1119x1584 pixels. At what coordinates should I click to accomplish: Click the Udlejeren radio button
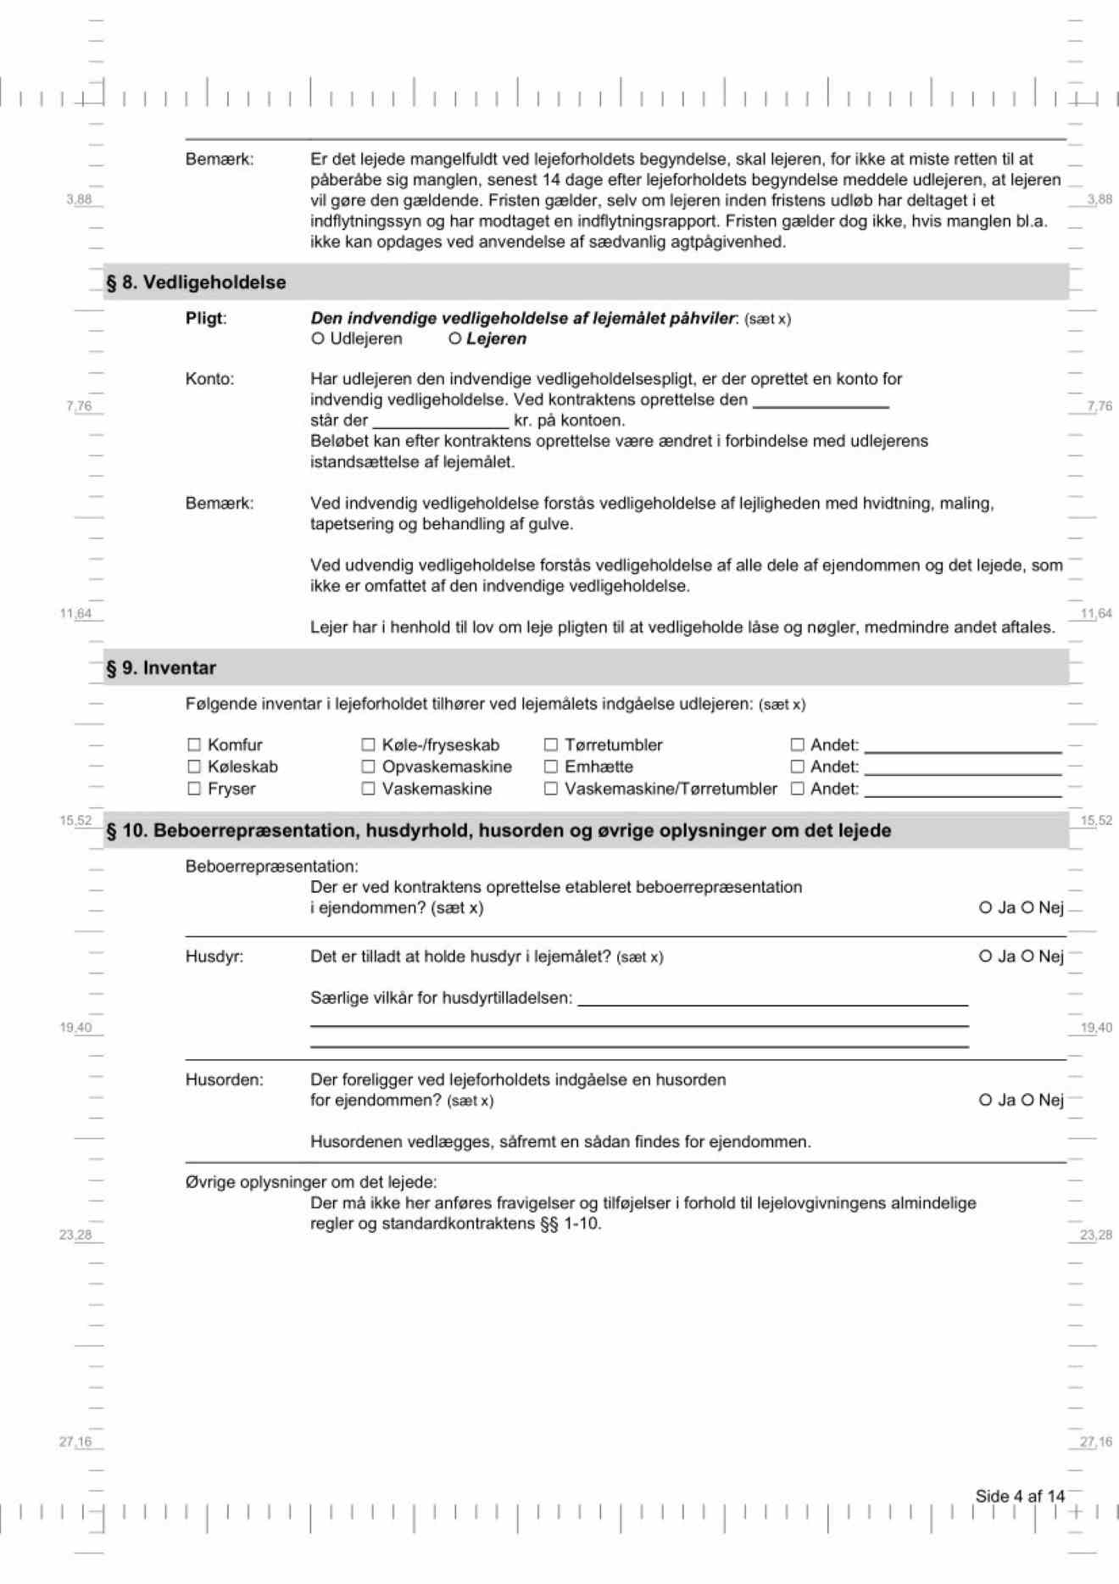pyautogui.click(x=318, y=339)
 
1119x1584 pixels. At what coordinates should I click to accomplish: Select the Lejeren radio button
pyautogui.click(x=455, y=339)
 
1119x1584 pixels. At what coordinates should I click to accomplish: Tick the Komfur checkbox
pyautogui.click(x=194, y=745)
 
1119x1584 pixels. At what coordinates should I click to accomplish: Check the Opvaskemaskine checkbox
pyautogui.click(x=369, y=767)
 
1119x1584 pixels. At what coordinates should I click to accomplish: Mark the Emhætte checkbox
pyautogui.click(x=551, y=767)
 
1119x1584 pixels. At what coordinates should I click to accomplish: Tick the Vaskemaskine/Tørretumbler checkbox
pyautogui.click(x=551, y=789)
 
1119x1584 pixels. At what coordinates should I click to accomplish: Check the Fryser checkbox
pyautogui.click(x=194, y=789)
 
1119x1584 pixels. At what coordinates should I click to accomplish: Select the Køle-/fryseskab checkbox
pyautogui.click(x=369, y=745)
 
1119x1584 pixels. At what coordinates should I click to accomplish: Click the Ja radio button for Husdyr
pyautogui.click(x=985, y=957)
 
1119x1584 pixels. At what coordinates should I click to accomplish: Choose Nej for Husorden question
pyautogui.click(x=1027, y=1100)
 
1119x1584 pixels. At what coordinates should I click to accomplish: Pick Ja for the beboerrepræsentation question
pyautogui.click(x=985, y=907)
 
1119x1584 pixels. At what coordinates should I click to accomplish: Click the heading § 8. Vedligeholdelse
pyautogui.click(x=196, y=282)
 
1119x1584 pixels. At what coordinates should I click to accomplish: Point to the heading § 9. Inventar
pyautogui.click(x=161, y=668)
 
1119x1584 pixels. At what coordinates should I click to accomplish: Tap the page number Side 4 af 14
pyautogui.click(x=1020, y=1496)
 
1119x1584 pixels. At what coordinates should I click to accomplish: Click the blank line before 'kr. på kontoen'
pyautogui.click(x=441, y=421)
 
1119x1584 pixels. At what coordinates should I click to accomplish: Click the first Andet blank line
pyautogui.click(x=962, y=746)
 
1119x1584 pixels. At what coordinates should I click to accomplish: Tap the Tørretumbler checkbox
pyautogui.click(x=551, y=745)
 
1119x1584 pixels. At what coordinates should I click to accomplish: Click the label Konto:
pyautogui.click(x=209, y=379)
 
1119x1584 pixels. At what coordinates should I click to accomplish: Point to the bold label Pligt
pyautogui.click(x=205, y=319)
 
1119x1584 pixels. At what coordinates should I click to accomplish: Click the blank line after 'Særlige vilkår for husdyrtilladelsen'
pyautogui.click(x=771, y=1000)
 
